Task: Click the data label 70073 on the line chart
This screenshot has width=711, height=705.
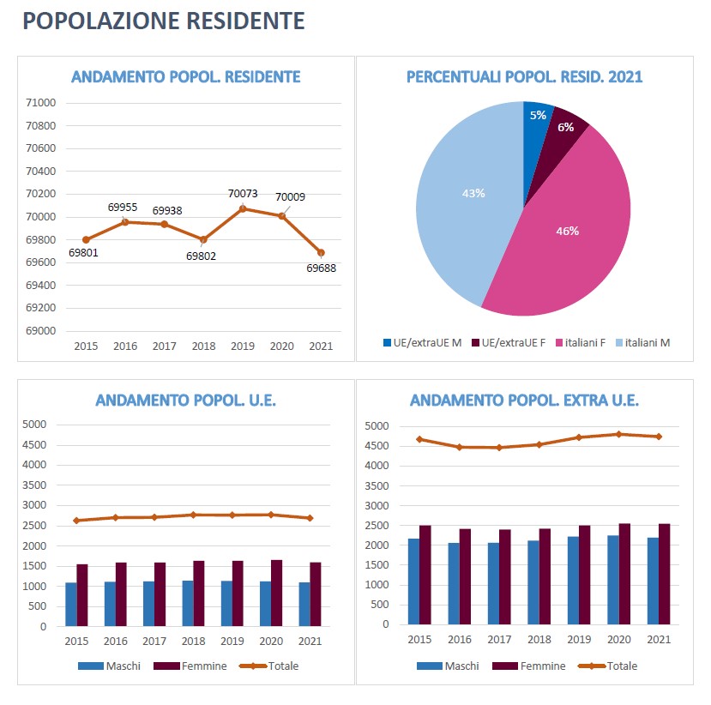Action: pos(243,194)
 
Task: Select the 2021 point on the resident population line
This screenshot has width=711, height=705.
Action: pos(321,252)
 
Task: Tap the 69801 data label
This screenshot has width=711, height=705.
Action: pos(83,252)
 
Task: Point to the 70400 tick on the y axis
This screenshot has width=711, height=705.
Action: pos(41,171)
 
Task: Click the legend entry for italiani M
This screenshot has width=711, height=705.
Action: pos(642,343)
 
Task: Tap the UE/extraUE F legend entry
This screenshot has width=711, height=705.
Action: pos(509,343)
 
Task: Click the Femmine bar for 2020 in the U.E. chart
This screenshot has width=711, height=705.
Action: pos(277,593)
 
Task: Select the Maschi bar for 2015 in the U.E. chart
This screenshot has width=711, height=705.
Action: pos(70,605)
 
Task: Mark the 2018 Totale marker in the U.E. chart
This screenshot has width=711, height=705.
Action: pos(193,515)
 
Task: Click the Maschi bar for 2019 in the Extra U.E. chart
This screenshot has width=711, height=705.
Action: pos(573,581)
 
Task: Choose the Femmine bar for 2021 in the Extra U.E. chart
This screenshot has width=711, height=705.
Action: pos(665,574)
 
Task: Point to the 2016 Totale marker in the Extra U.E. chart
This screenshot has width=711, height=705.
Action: pos(460,447)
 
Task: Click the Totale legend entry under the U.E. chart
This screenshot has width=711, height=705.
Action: pos(269,666)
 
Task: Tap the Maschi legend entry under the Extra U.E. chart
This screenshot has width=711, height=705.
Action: pos(448,666)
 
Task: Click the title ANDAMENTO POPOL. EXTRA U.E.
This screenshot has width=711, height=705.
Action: pos(524,401)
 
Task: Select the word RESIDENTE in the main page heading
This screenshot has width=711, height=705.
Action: pos(245,21)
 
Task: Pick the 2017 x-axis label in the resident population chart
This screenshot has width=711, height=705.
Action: pos(164,346)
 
